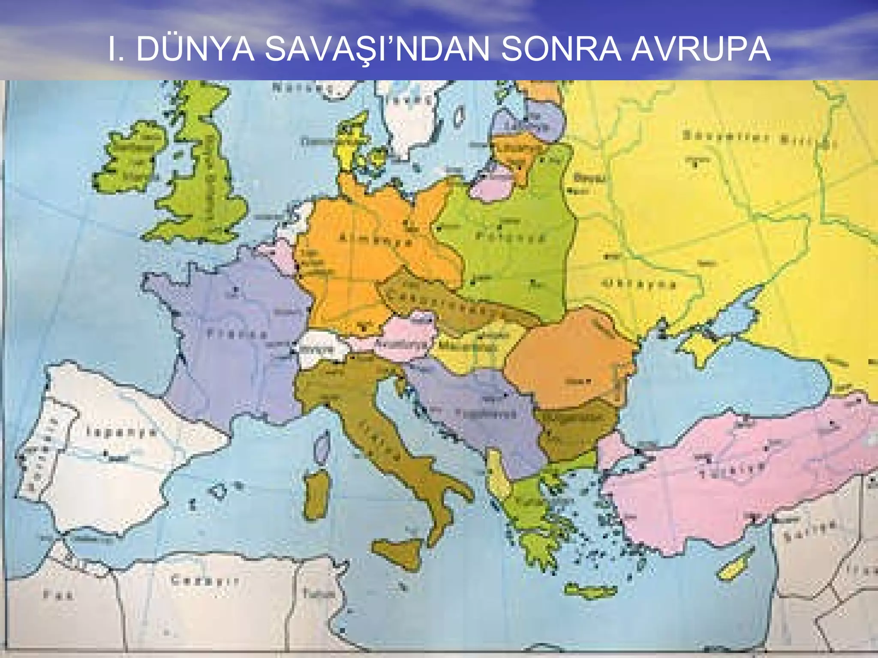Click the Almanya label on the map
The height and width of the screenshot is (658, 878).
(x=376, y=240)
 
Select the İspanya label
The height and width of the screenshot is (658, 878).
(x=121, y=431)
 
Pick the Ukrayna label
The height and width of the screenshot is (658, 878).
(x=639, y=283)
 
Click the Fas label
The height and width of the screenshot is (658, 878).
(x=58, y=595)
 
